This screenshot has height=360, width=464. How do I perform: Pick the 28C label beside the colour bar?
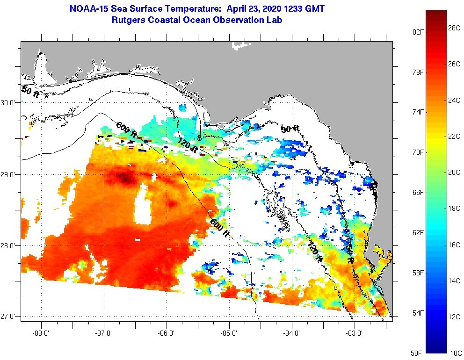coord(454,28)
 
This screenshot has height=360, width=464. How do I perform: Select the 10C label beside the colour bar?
coord(454,353)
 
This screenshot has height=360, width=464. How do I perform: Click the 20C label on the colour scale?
coord(454,172)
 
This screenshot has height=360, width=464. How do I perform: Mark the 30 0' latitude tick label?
coord(8,102)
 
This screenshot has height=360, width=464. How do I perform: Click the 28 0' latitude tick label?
coord(8,245)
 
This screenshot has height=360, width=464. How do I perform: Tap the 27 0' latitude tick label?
coord(8,317)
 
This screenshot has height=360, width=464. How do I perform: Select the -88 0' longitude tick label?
coord(41,333)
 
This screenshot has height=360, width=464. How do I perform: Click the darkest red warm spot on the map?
coord(124,177)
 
